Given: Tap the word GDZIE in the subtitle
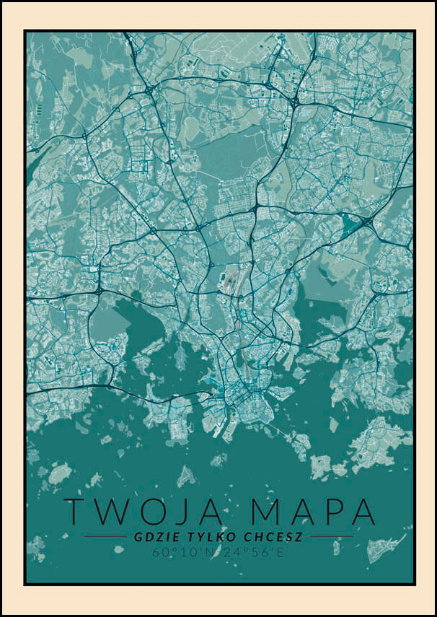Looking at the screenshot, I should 150,538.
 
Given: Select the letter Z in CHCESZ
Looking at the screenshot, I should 298,538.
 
